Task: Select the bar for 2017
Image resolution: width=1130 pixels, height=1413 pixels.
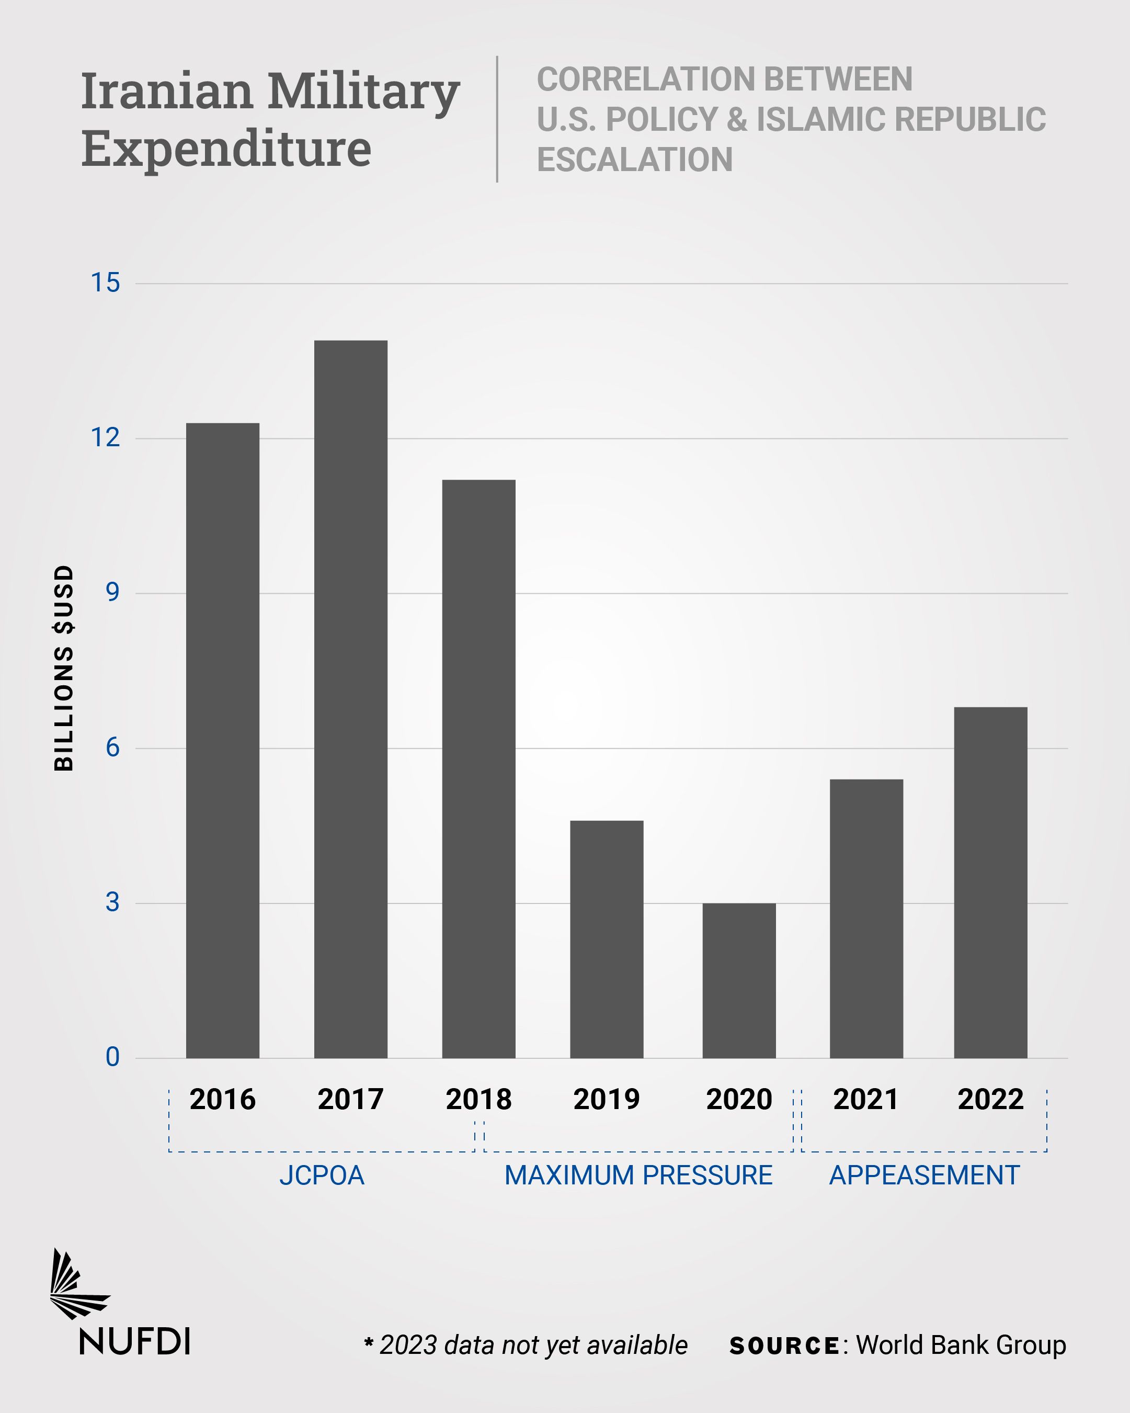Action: [350, 699]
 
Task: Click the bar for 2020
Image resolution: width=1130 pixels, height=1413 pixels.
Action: [739, 980]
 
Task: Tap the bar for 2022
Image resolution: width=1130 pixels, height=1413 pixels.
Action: [990, 883]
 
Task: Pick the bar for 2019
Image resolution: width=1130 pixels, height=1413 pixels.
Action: [607, 939]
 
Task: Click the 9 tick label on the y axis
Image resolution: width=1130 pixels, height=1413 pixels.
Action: [112, 593]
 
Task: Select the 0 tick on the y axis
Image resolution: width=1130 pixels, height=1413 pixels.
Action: [112, 1057]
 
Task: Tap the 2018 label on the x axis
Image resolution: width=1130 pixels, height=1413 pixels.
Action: [478, 1099]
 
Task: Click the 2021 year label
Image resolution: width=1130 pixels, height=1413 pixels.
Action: [866, 1099]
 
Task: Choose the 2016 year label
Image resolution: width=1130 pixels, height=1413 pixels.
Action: [223, 1099]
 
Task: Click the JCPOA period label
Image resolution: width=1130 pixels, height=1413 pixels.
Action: [322, 1175]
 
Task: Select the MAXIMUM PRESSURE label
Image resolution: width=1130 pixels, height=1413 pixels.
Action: [638, 1175]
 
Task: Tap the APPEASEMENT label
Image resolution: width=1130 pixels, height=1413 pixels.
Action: [924, 1175]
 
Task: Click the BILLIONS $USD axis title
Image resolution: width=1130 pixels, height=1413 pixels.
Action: [64, 668]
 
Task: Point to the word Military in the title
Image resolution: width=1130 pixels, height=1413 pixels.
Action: [363, 91]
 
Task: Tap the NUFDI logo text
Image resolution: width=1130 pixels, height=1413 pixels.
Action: [135, 1341]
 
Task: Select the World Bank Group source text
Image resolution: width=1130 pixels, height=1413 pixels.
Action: [961, 1345]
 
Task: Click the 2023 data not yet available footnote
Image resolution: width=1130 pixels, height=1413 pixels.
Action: [526, 1345]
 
